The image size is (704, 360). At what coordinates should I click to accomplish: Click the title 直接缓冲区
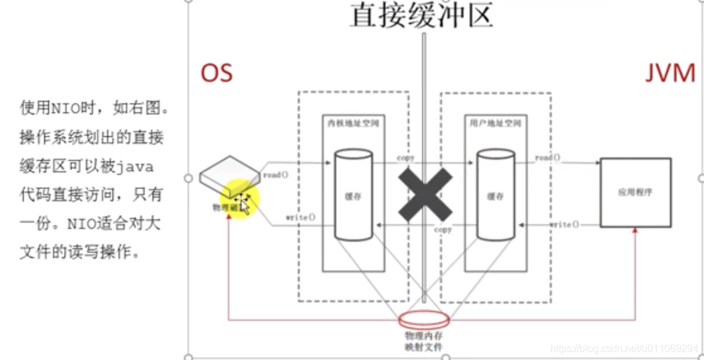pos(421,15)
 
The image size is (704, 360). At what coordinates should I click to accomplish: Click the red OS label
pos(217,74)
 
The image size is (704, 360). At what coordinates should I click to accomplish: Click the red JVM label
pos(669,74)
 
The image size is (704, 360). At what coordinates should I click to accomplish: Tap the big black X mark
pos(425,193)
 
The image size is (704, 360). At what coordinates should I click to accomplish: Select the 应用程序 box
pos(635,192)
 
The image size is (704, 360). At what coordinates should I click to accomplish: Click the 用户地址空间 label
pos(496,123)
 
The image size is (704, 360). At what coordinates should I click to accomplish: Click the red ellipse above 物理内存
pos(424,320)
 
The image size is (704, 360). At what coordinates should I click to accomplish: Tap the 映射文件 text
pos(424,346)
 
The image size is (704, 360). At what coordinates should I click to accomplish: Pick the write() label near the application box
pos(564,225)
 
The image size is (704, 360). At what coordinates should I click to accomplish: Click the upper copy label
pos(406,157)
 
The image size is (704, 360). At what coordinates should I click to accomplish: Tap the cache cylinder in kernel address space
pos(353,194)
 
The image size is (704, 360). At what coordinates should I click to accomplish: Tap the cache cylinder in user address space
pos(495,194)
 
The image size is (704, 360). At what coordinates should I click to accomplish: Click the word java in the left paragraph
pos(137,167)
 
